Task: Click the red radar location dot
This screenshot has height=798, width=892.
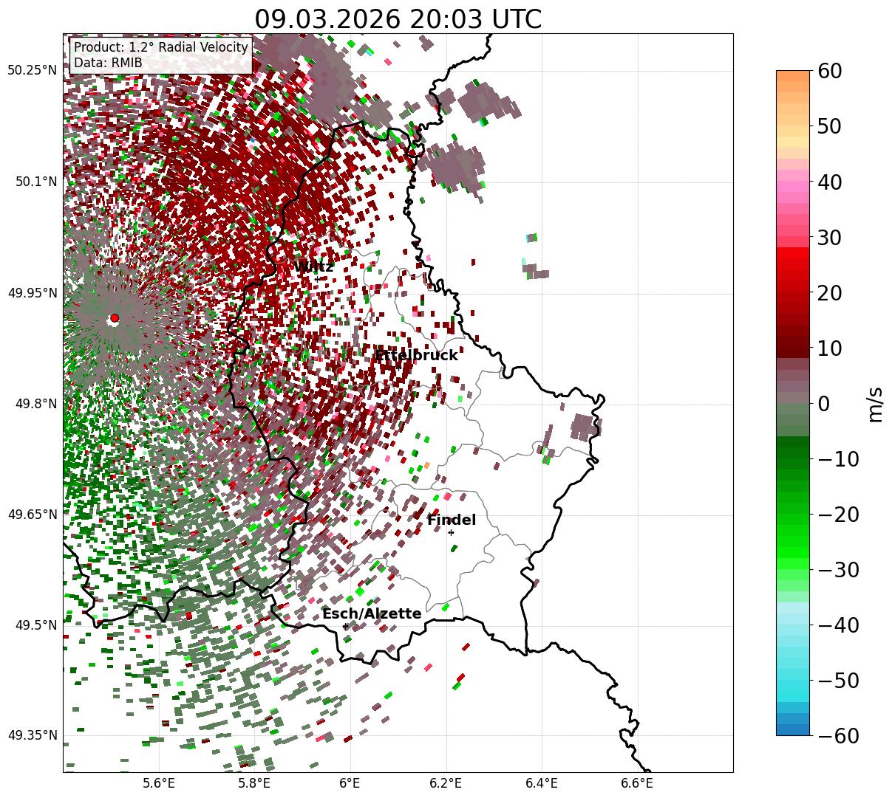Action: [114, 318]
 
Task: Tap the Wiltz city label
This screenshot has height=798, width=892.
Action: [314, 267]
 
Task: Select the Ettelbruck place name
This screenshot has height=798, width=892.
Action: [416, 356]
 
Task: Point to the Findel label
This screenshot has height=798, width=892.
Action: [452, 520]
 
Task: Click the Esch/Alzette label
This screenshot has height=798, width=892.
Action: [372, 614]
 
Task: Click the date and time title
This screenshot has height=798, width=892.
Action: [398, 19]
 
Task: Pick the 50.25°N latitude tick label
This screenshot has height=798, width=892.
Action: [32, 71]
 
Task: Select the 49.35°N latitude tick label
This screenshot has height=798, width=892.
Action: [32, 735]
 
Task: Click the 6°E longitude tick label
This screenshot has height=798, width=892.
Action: [350, 782]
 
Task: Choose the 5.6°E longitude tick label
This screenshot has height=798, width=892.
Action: [158, 782]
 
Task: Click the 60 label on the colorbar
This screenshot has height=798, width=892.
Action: [831, 71]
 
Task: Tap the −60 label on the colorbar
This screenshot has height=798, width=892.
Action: [838, 735]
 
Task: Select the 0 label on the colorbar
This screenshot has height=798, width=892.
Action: [823, 404]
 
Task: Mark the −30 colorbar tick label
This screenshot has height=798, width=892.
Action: [838, 570]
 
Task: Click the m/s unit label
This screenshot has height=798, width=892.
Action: [875, 404]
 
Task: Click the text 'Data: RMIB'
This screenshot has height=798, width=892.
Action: [108, 63]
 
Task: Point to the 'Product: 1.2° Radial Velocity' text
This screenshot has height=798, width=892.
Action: [161, 48]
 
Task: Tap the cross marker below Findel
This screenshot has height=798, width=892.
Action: [451, 532]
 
